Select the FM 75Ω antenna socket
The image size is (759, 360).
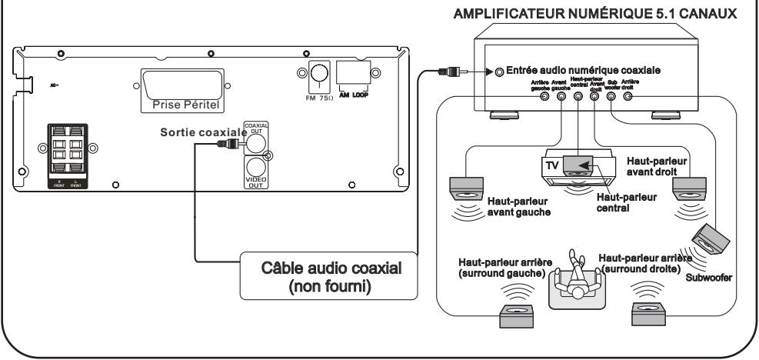317,75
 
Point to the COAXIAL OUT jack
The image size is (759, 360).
255,141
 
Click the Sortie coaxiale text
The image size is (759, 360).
201,132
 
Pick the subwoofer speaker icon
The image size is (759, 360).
710,240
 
